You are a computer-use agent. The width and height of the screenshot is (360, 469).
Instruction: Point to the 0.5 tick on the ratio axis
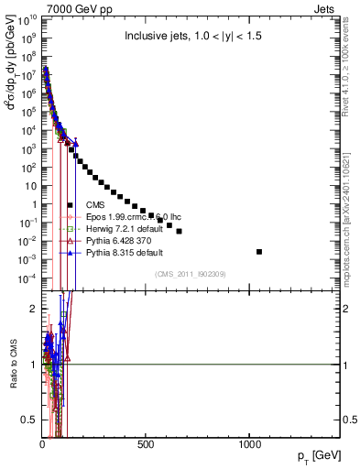(30, 420)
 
